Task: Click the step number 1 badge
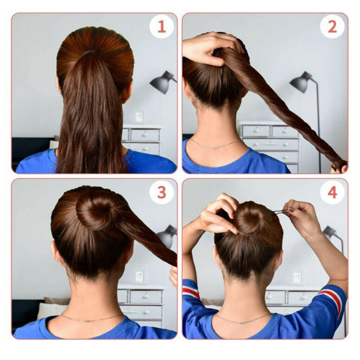(162, 27)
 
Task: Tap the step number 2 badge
(332, 27)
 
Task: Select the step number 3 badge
(162, 193)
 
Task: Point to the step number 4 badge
(332, 193)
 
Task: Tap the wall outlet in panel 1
(139, 117)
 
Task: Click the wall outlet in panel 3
(139, 276)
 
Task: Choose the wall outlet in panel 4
(297, 277)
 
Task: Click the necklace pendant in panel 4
(241, 323)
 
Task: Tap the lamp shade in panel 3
(167, 237)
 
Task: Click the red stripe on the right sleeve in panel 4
(333, 300)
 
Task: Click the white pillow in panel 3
(51, 310)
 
